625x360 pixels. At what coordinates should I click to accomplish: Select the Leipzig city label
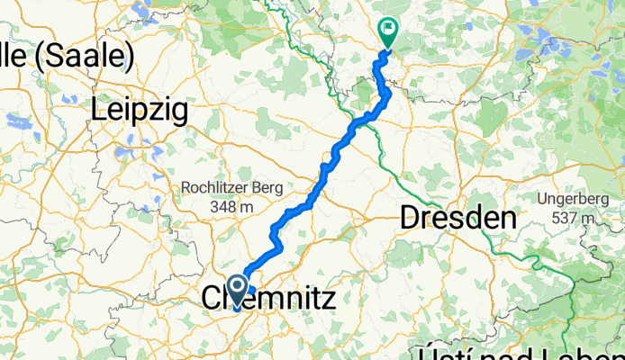[140, 110]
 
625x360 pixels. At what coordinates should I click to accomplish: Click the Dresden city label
[458, 217]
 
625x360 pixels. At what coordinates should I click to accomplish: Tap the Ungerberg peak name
[573, 198]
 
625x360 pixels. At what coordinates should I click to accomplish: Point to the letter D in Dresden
[409, 217]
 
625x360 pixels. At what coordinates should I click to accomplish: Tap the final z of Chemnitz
[327, 296]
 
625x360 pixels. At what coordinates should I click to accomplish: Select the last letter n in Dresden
[508, 217]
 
